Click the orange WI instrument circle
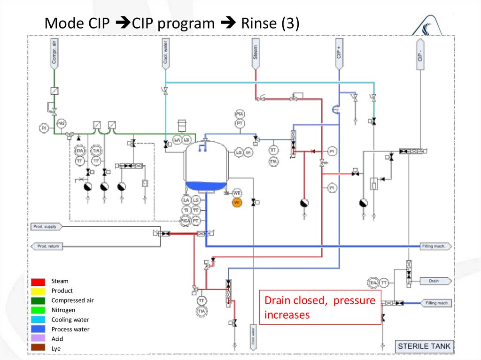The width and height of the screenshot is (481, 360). click(x=237, y=202)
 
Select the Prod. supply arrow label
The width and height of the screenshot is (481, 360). click(x=45, y=227)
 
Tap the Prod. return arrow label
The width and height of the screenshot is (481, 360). click(x=47, y=246)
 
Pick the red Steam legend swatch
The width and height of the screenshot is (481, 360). click(x=39, y=282)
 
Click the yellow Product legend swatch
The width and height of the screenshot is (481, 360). click(x=39, y=291)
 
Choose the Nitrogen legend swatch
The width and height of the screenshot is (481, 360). click(x=39, y=310)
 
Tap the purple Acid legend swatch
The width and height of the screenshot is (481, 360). click(x=39, y=338)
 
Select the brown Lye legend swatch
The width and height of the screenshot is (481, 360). click(x=39, y=348)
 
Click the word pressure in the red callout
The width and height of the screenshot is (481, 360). click(x=354, y=300)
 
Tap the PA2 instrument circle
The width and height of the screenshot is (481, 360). click(x=61, y=123)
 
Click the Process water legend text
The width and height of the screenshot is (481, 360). click(x=70, y=329)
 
